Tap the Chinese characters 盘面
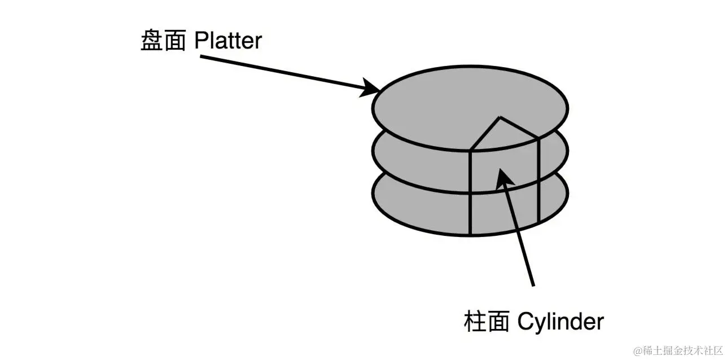(163, 42)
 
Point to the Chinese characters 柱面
(487, 322)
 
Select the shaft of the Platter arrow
(282, 73)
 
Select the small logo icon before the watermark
(638, 350)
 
